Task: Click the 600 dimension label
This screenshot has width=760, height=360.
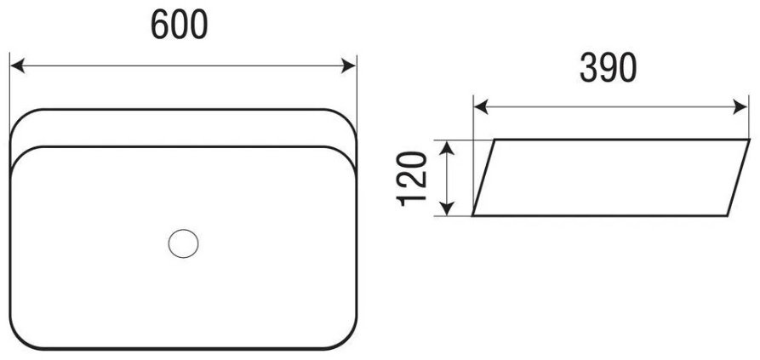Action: [x=180, y=25]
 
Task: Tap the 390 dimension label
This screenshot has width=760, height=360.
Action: [x=608, y=67]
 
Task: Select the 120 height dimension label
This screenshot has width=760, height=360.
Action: [x=412, y=179]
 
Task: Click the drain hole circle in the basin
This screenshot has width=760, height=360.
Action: [x=183, y=243]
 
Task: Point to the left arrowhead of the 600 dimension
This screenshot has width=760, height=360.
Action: [x=18, y=66]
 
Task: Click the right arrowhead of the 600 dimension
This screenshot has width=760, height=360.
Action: [x=348, y=66]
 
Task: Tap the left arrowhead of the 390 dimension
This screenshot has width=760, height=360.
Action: [x=481, y=107]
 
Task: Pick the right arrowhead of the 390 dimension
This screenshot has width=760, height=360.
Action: [x=740, y=107]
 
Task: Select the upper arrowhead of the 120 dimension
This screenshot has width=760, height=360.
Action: [x=447, y=148]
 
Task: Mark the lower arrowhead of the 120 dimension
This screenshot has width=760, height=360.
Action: [x=447, y=209]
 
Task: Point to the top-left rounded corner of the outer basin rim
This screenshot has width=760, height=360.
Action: [x=20, y=118]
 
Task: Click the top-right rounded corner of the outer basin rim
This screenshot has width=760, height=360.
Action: [x=346, y=118]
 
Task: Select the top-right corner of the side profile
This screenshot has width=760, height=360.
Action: [x=749, y=140]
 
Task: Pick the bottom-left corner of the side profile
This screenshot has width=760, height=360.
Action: [x=473, y=215]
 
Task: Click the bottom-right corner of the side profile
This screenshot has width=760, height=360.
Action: [x=727, y=215]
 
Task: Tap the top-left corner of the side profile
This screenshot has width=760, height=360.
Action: [x=494, y=140]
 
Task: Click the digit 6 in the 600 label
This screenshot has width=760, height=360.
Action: [x=160, y=25]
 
